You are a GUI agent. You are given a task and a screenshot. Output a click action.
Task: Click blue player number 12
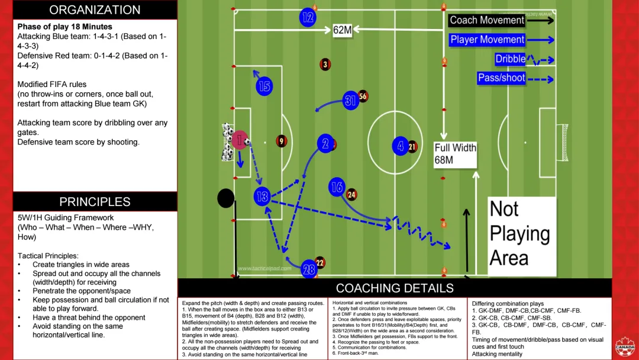(308, 17)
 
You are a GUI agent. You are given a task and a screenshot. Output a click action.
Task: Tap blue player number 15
(264, 86)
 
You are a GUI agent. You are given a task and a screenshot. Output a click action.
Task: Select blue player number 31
(351, 101)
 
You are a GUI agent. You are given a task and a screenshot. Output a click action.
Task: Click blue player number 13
(262, 197)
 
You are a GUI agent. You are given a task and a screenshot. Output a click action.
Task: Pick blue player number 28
(309, 269)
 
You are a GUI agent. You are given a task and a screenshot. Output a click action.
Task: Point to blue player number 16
(337, 187)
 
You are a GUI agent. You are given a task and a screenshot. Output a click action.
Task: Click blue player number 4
(401, 145)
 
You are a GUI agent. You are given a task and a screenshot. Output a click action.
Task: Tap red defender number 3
(325, 64)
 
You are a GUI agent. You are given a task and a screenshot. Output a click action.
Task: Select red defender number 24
(351, 194)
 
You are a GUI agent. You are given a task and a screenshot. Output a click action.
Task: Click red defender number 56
(363, 96)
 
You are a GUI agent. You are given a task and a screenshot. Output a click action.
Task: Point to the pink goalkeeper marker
(240, 140)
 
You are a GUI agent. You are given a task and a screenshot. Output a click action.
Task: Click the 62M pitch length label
(343, 30)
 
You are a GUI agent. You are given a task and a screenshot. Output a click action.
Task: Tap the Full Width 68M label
(455, 154)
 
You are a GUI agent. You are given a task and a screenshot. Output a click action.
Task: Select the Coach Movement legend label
(487, 20)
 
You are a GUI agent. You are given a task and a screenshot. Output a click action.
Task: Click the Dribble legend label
(510, 59)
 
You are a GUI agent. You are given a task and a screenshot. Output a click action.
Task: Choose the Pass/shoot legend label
(501, 78)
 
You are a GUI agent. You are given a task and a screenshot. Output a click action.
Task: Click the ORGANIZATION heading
(95, 10)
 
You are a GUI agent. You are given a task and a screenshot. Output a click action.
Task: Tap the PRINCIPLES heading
(95, 202)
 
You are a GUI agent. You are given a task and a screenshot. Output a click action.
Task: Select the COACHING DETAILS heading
(395, 288)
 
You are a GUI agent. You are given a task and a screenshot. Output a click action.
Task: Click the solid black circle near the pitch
(225, 198)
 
